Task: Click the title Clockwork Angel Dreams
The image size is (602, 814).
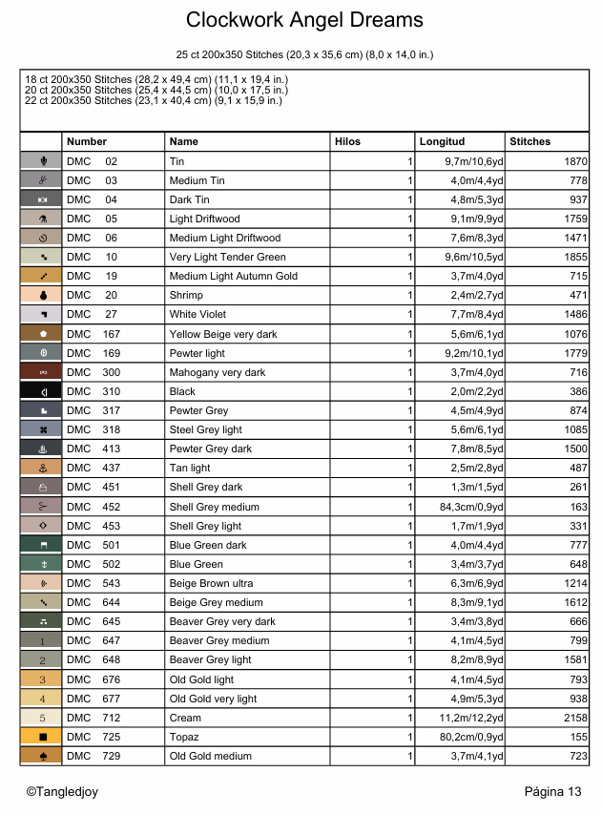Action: pos(304,20)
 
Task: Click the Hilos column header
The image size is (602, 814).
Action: pos(347,141)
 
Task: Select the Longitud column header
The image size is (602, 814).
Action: pos(442,141)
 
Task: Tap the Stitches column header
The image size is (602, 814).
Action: pos(529,141)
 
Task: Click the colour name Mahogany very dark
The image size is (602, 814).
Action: pos(218,372)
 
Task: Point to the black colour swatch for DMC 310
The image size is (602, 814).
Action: pos(41,391)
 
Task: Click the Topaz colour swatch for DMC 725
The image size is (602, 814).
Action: pos(41,737)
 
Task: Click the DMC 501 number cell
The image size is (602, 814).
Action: pos(93,545)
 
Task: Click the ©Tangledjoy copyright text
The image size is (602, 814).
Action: pos(62,791)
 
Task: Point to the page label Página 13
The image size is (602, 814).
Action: pos(552,791)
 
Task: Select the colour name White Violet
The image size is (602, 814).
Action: pos(197,314)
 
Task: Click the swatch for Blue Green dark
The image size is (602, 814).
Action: pos(41,545)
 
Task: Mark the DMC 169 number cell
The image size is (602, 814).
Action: pos(93,353)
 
